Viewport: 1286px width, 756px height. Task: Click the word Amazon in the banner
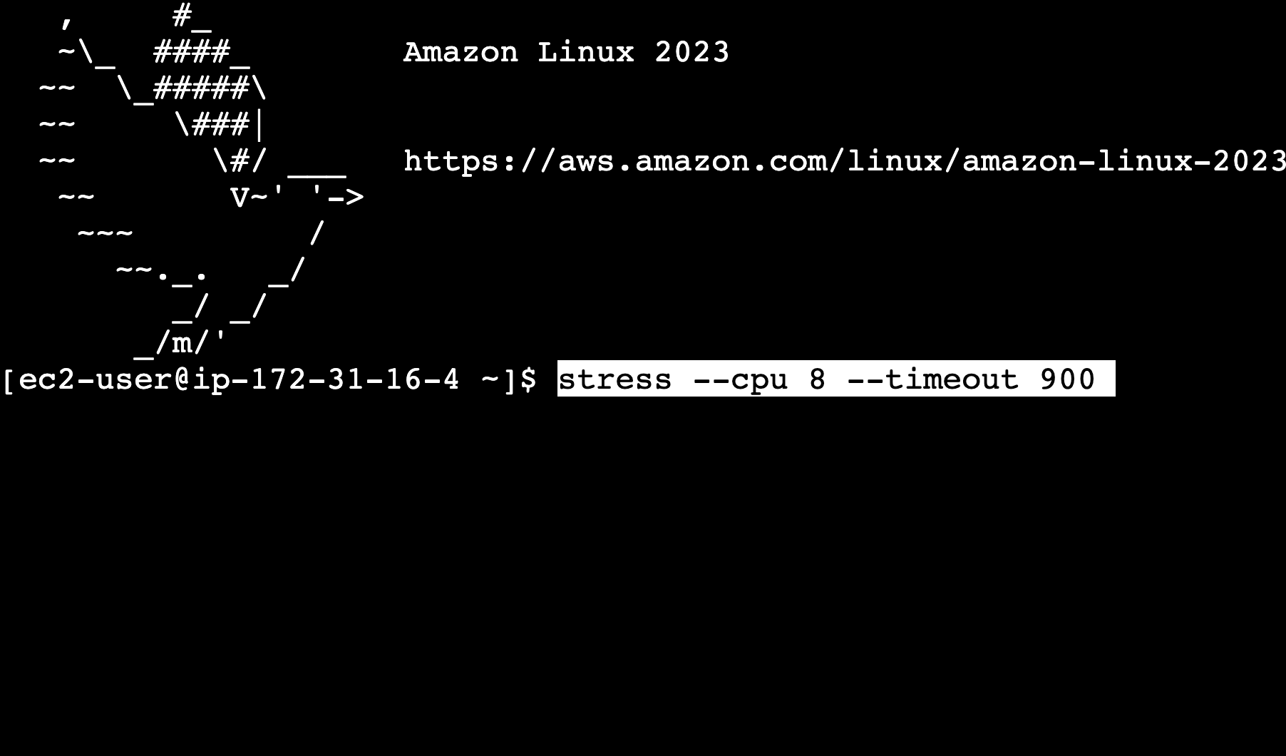tap(461, 53)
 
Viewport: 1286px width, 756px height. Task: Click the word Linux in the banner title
tap(585, 53)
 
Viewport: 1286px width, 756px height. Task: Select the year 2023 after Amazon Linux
tap(691, 53)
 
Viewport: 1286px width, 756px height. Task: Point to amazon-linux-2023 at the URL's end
tap(1123, 161)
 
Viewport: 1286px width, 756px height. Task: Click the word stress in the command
tap(614, 379)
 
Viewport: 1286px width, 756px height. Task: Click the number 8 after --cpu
tap(817, 379)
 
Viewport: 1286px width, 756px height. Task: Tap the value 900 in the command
tap(1067, 379)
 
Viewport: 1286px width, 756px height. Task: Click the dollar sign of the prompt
tap(528, 379)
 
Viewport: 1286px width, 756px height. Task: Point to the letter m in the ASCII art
tap(182, 344)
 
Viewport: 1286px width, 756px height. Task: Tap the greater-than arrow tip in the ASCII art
tap(356, 198)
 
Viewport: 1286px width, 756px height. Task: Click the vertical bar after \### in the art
tap(259, 126)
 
